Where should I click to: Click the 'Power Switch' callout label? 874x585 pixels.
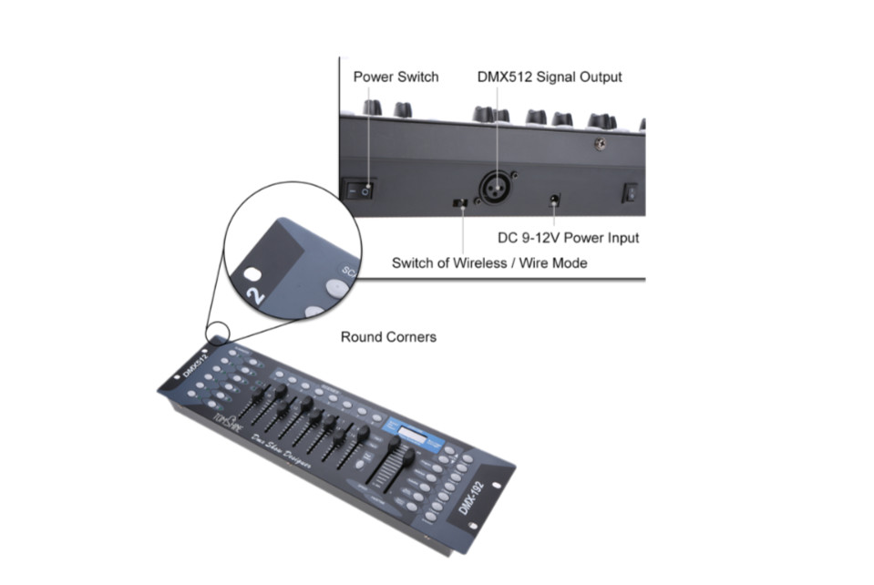396,77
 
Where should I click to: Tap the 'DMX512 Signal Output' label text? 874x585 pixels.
550,77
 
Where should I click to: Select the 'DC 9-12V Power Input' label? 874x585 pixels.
568,238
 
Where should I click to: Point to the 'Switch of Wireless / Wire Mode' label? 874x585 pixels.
489,263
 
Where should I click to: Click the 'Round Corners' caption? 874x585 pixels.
388,337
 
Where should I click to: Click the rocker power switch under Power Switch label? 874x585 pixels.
361,190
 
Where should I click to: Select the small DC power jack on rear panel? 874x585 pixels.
553,200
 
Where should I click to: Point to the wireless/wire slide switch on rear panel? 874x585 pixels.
462,201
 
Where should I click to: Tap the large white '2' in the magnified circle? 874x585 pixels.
258,293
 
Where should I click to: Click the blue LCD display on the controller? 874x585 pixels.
406,430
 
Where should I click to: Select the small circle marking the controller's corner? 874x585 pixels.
219,334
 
